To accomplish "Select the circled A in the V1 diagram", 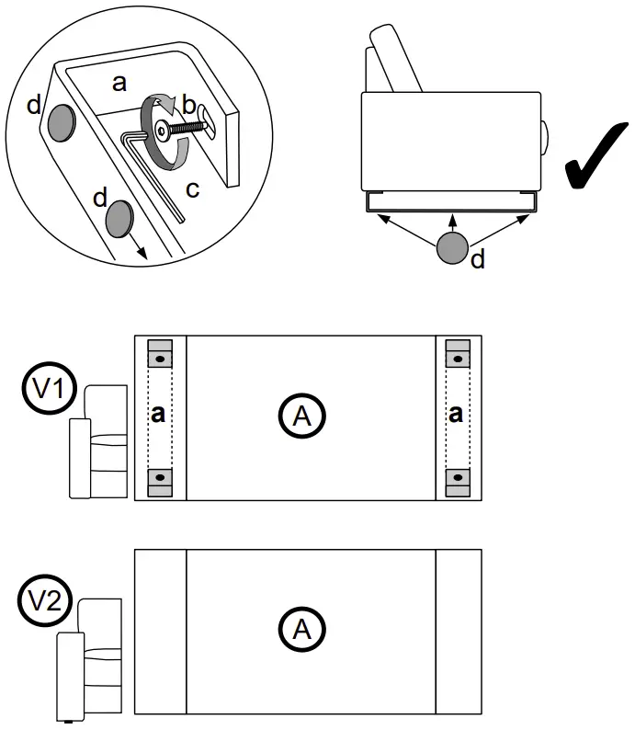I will coord(302,416).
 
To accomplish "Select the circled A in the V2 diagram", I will coord(302,630).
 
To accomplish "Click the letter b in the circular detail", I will coord(188,107).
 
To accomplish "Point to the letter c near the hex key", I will coord(192,189).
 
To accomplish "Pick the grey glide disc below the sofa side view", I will coord(454,249).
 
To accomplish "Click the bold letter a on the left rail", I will coord(159,415).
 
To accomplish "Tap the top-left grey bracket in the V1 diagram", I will coord(160,355).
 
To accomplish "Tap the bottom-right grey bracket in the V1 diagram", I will coord(457,480).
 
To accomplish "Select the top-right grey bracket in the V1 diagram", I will coord(457,355).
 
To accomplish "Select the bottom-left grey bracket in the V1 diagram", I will coord(160,480).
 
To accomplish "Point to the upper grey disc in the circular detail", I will coord(61,121).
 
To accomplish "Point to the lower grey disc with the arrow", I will coord(120,220).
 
